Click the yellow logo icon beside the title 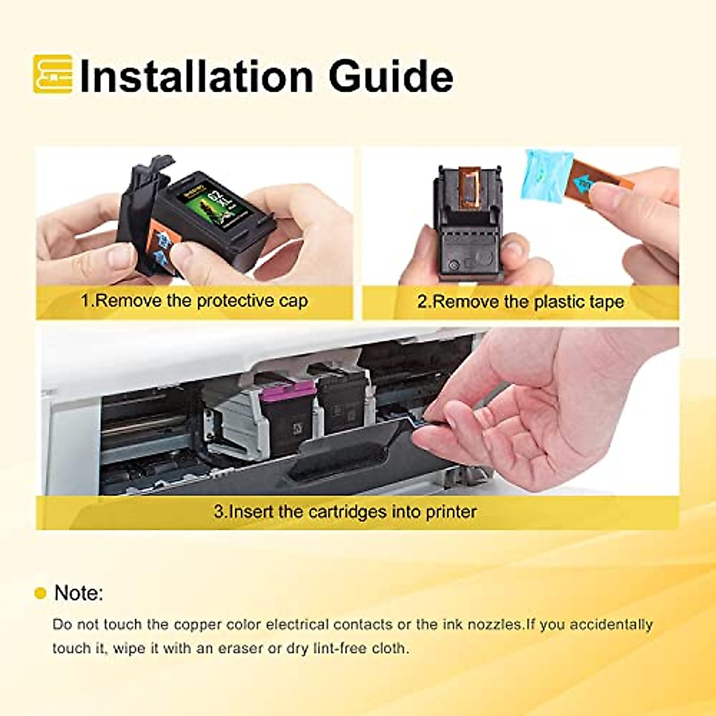tap(53, 74)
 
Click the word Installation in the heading tap(196, 76)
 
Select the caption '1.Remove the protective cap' tap(195, 301)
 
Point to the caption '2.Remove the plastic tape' tap(520, 302)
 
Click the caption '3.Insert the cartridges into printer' tap(345, 512)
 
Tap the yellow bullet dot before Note tap(41, 594)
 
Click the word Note tap(78, 593)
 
